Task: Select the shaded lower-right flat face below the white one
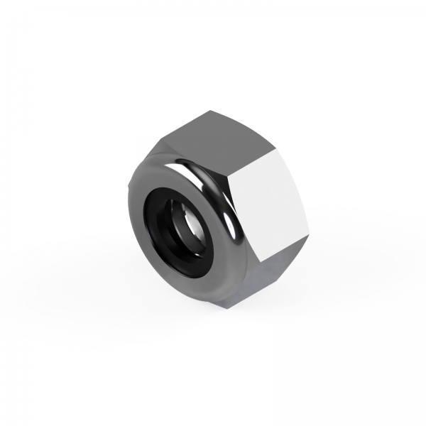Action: pyautogui.click(x=266, y=273)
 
